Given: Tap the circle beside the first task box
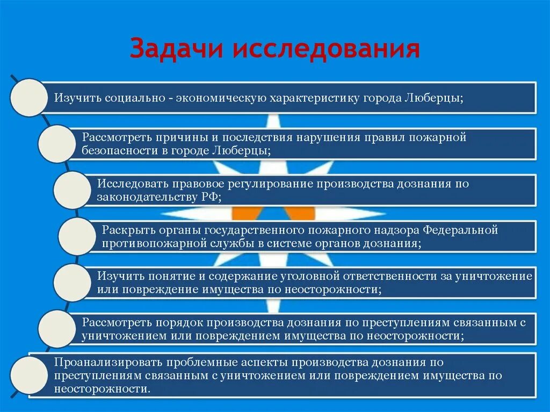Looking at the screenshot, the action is pos(28,98).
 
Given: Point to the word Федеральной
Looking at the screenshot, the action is pos(461,230).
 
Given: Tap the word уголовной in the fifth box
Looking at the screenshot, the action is pos(310,276).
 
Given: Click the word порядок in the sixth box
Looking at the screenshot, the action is pos(182,323).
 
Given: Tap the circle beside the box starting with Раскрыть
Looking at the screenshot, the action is pos(76,236).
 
